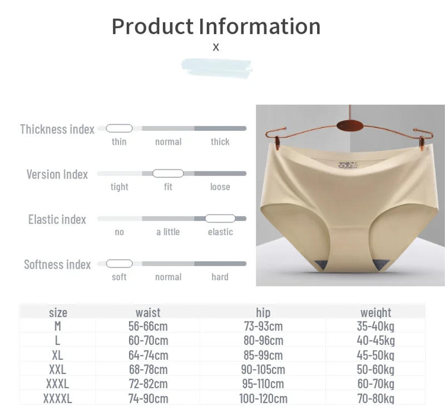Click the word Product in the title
[x=152, y=26]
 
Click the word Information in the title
[x=260, y=26]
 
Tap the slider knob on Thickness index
[x=119, y=128]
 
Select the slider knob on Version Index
[x=168, y=174]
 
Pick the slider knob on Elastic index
[x=220, y=219]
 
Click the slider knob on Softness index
[x=119, y=264]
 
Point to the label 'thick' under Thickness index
[x=220, y=142]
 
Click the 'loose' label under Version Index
[x=220, y=187]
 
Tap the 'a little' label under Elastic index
[x=168, y=232]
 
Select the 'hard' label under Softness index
[x=220, y=277]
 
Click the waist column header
[x=148, y=313]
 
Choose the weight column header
[x=375, y=313]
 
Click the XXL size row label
[x=57, y=369]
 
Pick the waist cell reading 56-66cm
[x=148, y=326]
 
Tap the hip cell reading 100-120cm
[x=263, y=398]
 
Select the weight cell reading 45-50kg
[x=375, y=355]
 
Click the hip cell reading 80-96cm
[x=263, y=340]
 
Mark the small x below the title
[x=216, y=47]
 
